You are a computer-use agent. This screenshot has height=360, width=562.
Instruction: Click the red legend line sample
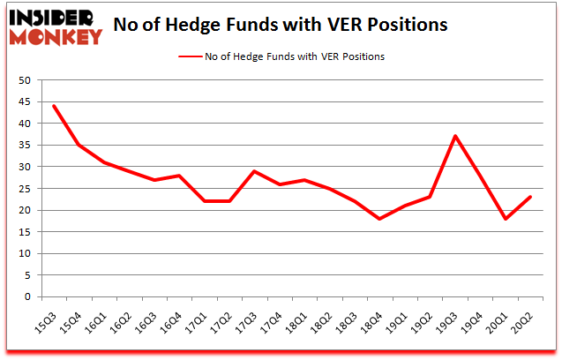(191, 56)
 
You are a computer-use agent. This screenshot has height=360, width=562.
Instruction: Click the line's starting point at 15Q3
(54, 106)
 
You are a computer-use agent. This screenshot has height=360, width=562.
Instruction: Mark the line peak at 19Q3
(454, 136)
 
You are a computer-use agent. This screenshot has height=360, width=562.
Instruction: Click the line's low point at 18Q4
(378, 219)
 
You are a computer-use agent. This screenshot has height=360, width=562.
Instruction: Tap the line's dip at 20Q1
(506, 219)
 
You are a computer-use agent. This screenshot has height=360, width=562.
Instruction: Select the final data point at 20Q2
(531, 197)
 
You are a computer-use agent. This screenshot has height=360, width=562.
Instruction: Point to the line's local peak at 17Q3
(254, 171)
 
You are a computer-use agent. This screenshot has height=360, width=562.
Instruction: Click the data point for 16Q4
(181, 176)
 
